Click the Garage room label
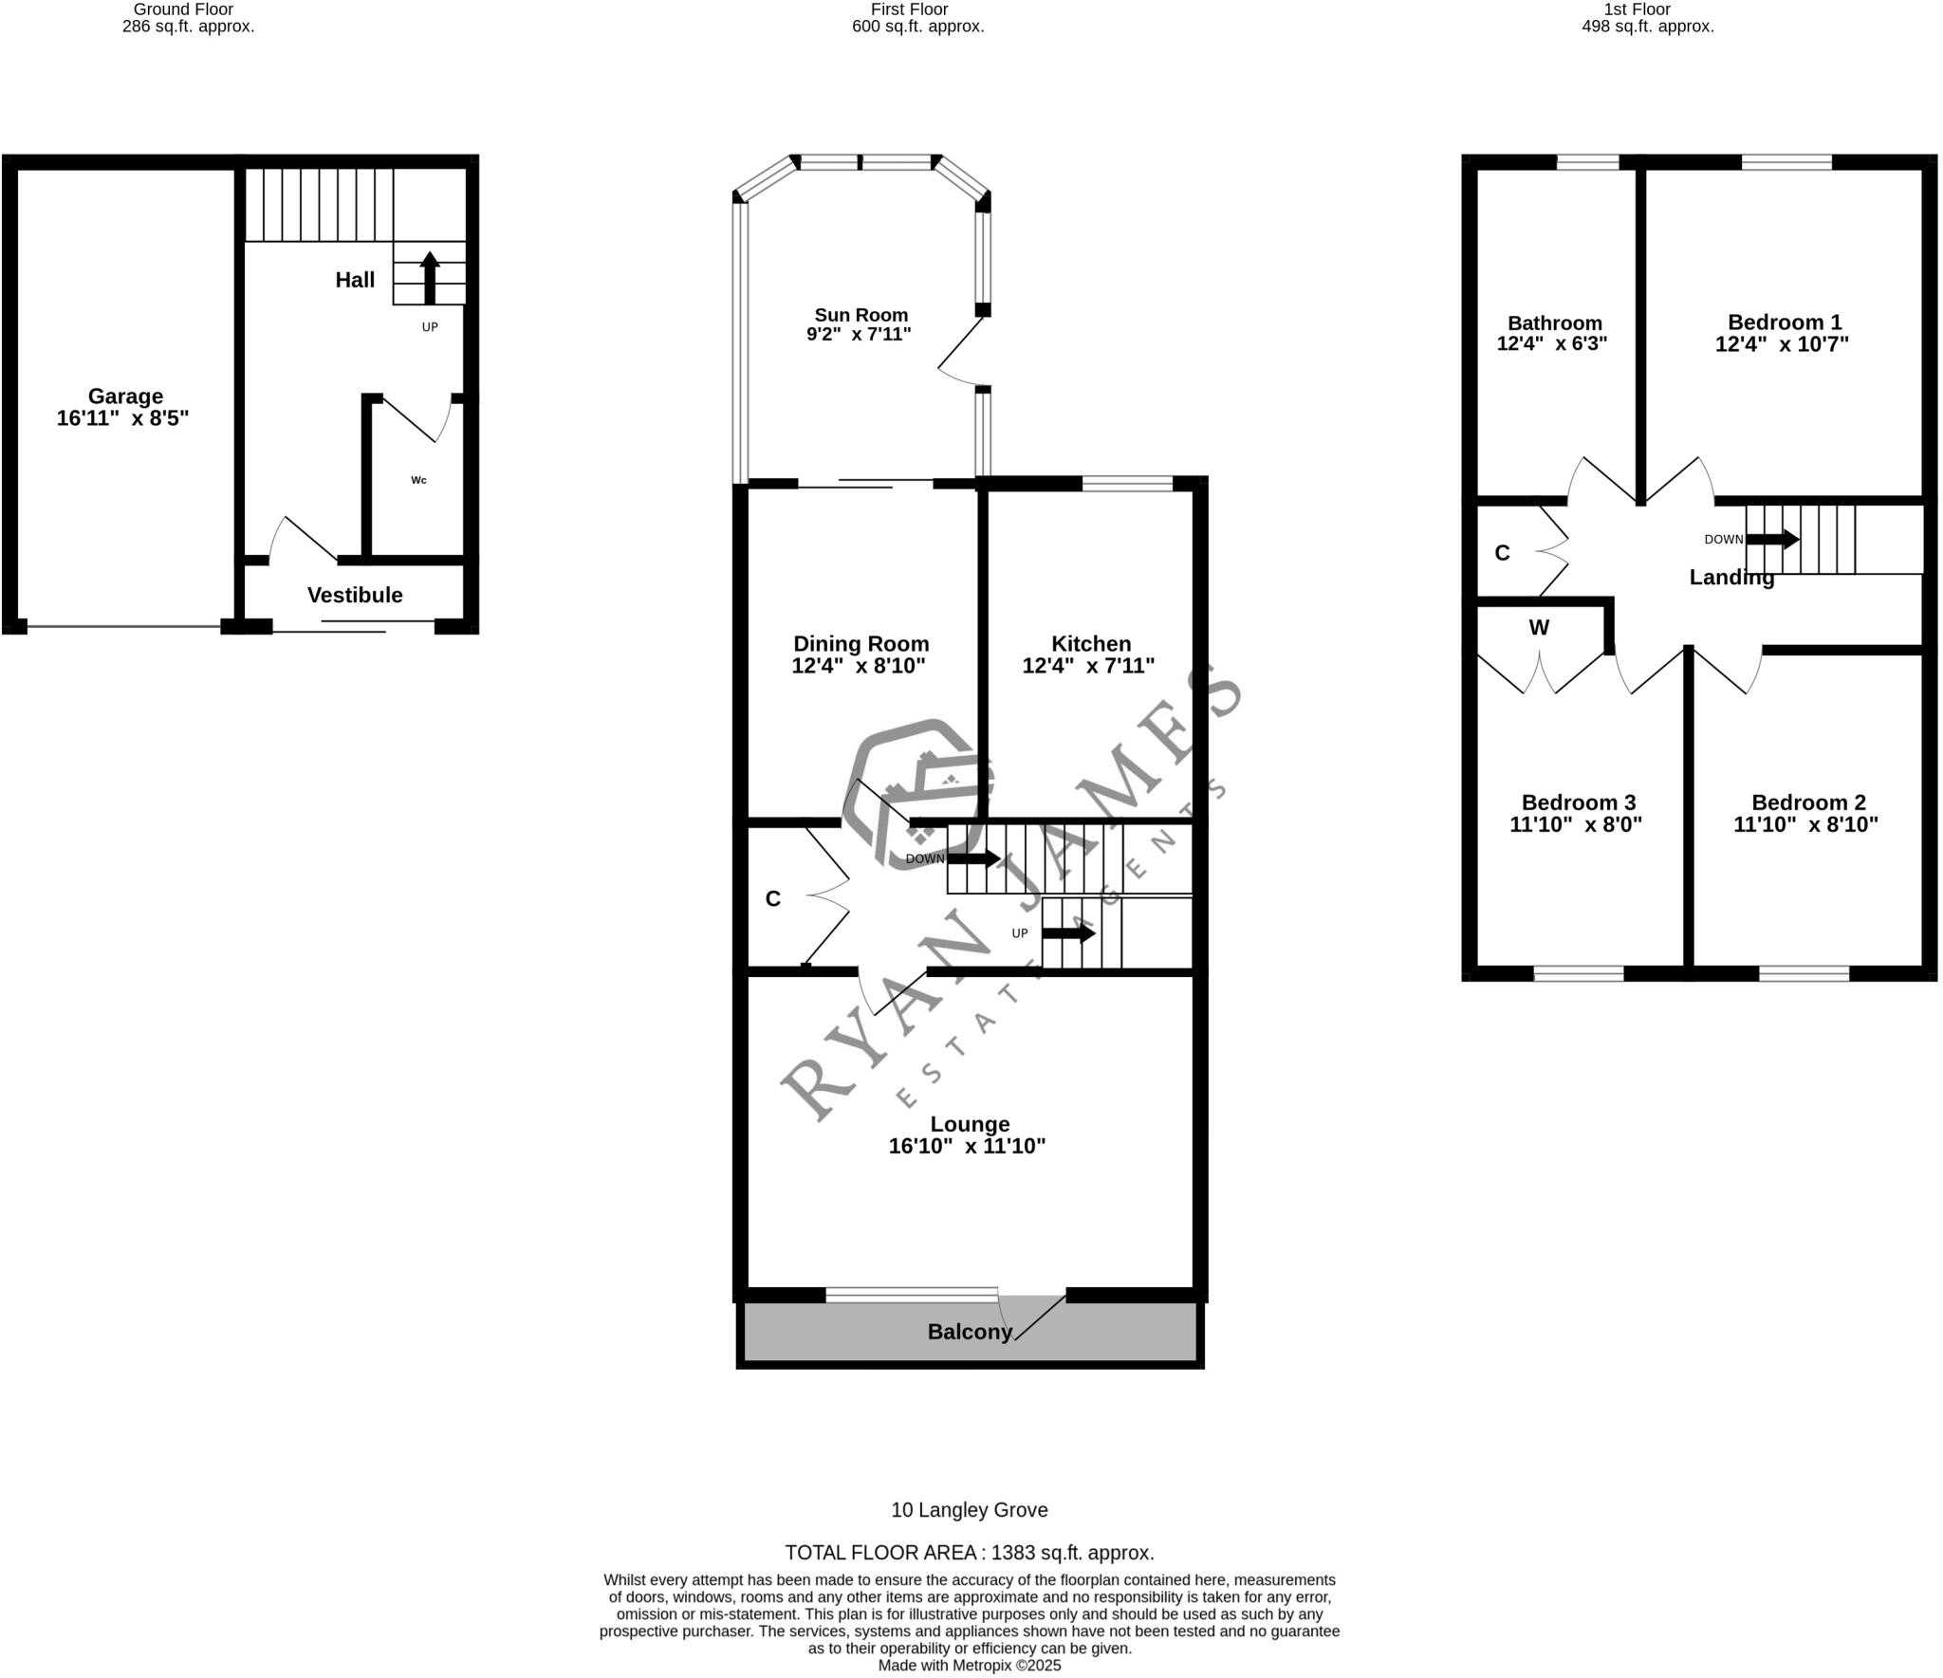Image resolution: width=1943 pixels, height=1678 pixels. (x=125, y=396)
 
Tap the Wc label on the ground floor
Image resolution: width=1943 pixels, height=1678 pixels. (x=418, y=480)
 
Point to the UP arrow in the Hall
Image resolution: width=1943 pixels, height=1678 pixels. (x=430, y=277)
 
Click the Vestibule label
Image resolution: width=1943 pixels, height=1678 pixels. (x=355, y=595)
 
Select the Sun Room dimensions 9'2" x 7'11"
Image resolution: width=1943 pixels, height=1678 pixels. (x=859, y=334)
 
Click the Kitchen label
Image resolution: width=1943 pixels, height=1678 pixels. (x=1091, y=643)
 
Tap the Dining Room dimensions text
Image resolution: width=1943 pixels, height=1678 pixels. (x=859, y=666)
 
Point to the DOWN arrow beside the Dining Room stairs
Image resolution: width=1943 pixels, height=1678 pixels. (x=973, y=858)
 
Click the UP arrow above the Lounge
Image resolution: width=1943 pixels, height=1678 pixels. (x=1068, y=933)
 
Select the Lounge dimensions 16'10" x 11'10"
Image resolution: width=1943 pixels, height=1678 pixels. (x=967, y=1146)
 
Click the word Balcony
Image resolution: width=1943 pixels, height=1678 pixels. (x=970, y=1332)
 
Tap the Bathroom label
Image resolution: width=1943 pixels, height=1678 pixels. (x=1555, y=323)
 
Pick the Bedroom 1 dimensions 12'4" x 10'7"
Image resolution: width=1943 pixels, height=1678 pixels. (x=1782, y=344)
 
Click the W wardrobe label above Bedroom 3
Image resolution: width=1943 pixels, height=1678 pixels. (x=1539, y=627)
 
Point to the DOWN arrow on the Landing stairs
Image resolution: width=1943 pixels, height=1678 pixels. (x=1772, y=539)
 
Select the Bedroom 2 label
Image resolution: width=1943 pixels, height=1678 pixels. (x=1808, y=802)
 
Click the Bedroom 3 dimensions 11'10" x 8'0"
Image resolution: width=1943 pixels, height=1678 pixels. (x=1576, y=824)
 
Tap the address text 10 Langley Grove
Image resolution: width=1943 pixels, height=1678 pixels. (x=970, y=1509)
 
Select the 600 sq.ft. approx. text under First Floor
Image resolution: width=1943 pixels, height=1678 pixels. (x=917, y=27)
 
